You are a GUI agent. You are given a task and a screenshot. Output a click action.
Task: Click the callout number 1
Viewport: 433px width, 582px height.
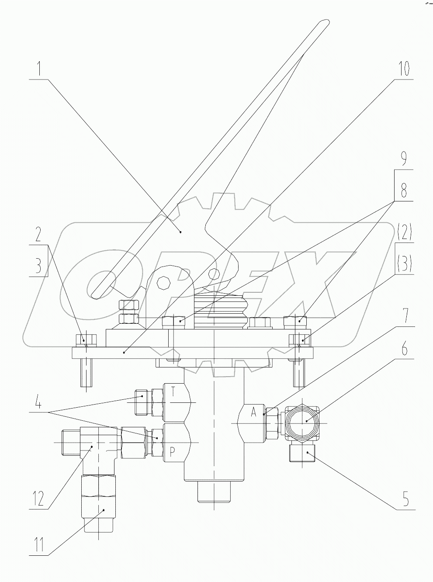pyautogui.click(x=39, y=69)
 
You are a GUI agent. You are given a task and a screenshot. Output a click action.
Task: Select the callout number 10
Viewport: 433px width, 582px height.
pyautogui.click(x=404, y=69)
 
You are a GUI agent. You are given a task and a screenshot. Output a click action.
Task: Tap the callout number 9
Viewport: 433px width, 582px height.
pyautogui.click(x=404, y=159)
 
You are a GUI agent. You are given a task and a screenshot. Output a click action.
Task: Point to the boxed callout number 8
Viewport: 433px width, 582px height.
pyautogui.click(x=404, y=190)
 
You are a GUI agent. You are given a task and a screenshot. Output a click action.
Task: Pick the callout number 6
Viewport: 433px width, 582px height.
pyautogui.click(x=404, y=350)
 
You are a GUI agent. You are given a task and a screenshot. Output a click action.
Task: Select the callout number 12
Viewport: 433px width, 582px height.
pyautogui.click(x=39, y=498)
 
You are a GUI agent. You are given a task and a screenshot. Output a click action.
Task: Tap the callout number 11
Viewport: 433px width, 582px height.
pyautogui.click(x=39, y=546)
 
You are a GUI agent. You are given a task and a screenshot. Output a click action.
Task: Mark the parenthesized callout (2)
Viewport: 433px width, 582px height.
pyautogui.click(x=404, y=232)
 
